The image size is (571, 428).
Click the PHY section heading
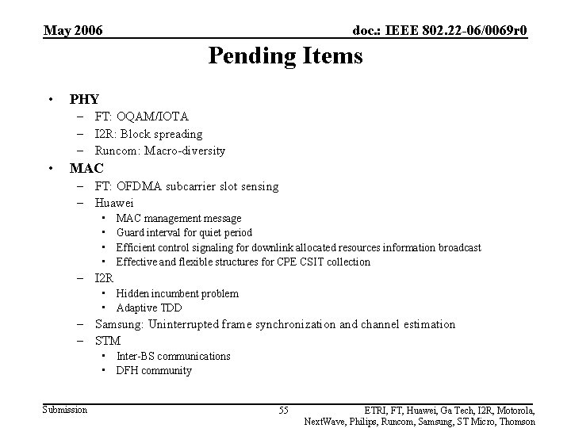[x=84, y=99]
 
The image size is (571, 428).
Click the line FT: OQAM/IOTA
[x=141, y=117]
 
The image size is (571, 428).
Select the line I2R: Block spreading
[x=148, y=134]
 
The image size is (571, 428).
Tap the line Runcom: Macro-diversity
[x=159, y=151]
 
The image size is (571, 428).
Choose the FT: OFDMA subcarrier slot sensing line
[x=186, y=186]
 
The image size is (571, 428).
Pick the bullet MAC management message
[x=178, y=218]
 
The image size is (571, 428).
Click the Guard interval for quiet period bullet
[x=184, y=232]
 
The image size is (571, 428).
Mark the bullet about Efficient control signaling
[x=298, y=247]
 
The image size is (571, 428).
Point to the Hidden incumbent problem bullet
[x=177, y=293]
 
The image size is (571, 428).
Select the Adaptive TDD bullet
[x=149, y=308]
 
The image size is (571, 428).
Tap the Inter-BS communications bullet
[x=173, y=356]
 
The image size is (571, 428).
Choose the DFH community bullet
[x=154, y=370]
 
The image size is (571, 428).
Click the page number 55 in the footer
[x=283, y=410]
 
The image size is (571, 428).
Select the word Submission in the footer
[x=65, y=409]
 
